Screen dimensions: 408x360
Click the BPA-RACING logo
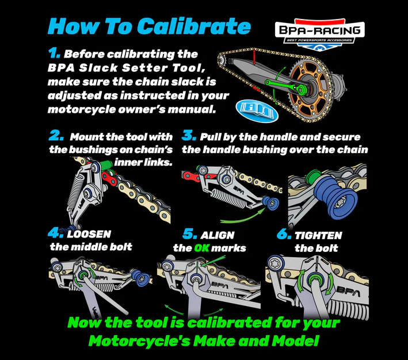click(319, 34)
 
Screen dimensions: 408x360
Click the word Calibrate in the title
click(194, 26)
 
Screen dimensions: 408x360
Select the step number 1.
click(55, 53)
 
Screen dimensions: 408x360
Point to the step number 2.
click(56, 136)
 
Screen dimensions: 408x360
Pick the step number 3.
click(189, 136)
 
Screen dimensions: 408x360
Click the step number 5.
click(190, 234)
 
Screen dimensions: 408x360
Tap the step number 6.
click(284, 234)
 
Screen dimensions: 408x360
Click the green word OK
click(201, 248)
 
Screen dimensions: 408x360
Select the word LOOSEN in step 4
click(89, 234)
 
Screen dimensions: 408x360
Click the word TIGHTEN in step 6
click(318, 236)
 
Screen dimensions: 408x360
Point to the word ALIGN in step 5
click(218, 235)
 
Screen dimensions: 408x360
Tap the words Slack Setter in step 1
click(123, 68)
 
